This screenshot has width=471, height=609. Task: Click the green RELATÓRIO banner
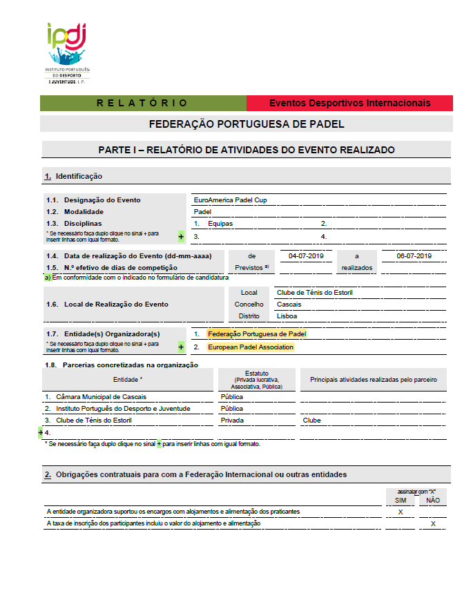(x=143, y=103)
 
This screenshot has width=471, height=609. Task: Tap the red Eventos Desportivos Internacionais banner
(x=349, y=103)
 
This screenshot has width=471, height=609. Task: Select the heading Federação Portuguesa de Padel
(x=247, y=124)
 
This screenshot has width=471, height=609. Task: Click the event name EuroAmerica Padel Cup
(x=230, y=200)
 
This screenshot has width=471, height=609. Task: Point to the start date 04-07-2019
(x=306, y=255)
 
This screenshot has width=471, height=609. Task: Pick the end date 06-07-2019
(x=414, y=255)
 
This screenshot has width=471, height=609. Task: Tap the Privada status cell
(x=232, y=420)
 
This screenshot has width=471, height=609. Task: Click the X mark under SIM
(x=401, y=512)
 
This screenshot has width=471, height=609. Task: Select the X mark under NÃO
(x=433, y=524)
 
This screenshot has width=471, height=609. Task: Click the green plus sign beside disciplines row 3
(x=181, y=236)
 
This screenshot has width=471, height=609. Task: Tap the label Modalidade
(x=80, y=212)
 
